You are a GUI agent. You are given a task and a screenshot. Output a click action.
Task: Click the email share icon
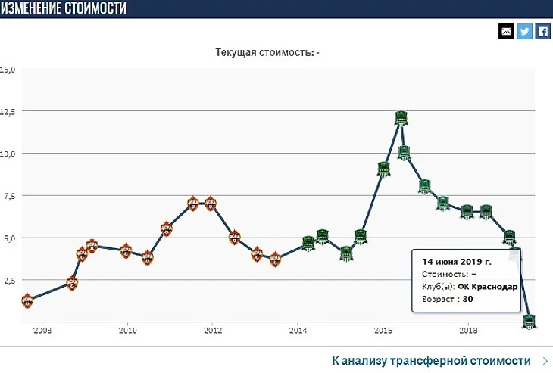click(506, 31)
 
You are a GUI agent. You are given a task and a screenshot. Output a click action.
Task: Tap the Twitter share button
click(524, 31)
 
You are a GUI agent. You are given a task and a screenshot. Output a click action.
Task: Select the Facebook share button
click(542, 31)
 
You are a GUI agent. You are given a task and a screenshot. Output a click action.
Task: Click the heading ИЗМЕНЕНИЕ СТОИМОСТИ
click(64, 8)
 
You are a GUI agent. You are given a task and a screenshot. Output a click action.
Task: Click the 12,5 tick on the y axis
click(8, 111)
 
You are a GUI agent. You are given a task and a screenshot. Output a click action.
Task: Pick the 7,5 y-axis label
click(8, 195)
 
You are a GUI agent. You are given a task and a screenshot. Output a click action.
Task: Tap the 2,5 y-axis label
click(8, 280)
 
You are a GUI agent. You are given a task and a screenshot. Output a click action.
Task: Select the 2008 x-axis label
click(42, 331)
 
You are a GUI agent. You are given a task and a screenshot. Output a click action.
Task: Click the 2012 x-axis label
click(213, 331)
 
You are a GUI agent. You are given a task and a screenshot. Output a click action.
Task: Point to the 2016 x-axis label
click(383, 331)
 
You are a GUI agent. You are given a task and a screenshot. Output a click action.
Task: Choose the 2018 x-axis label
click(469, 331)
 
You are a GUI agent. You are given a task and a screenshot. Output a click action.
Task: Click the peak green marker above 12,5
click(401, 118)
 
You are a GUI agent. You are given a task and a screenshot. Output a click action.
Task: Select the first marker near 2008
click(27, 301)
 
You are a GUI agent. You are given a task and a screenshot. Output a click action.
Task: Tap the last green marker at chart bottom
click(530, 322)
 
